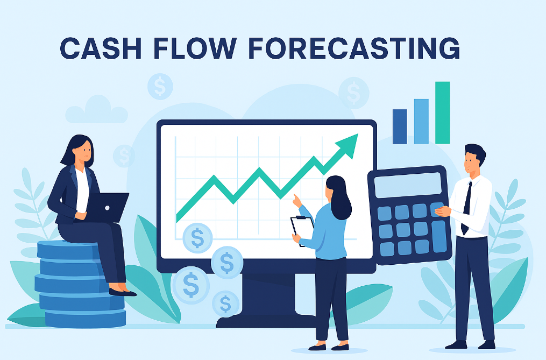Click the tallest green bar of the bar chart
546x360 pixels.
pos(442,113)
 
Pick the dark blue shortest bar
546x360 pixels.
pos(400,126)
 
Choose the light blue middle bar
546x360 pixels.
pos(421,121)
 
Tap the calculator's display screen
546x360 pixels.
pos(407,185)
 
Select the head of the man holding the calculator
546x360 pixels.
pos(473,159)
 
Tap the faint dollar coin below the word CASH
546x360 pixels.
pos(160,86)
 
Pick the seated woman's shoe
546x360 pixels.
pos(123,292)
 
